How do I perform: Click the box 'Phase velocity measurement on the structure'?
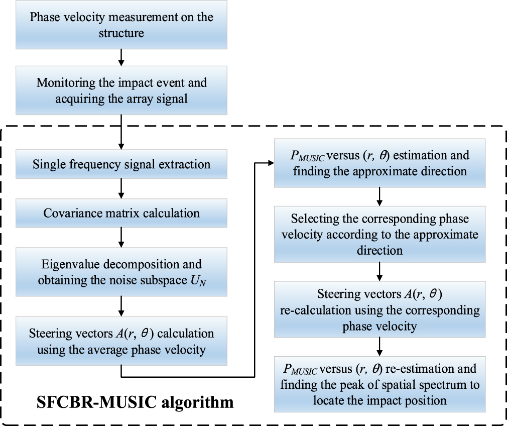(121, 25)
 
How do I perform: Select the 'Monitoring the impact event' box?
(121, 90)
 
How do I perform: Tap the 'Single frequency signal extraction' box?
(121, 164)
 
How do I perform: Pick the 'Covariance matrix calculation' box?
(121, 213)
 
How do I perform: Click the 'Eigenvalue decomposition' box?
(121, 272)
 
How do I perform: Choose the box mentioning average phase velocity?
(121, 341)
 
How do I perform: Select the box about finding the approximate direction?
(380, 163)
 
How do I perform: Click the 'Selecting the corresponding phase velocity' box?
(380, 234)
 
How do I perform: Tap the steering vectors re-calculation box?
(380, 310)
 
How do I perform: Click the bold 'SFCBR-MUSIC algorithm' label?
(135, 402)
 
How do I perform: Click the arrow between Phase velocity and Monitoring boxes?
(120, 58)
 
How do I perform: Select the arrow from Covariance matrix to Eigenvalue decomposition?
(120, 237)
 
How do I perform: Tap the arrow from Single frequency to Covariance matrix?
(120, 188)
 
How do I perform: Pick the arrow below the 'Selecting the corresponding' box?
(380, 272)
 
